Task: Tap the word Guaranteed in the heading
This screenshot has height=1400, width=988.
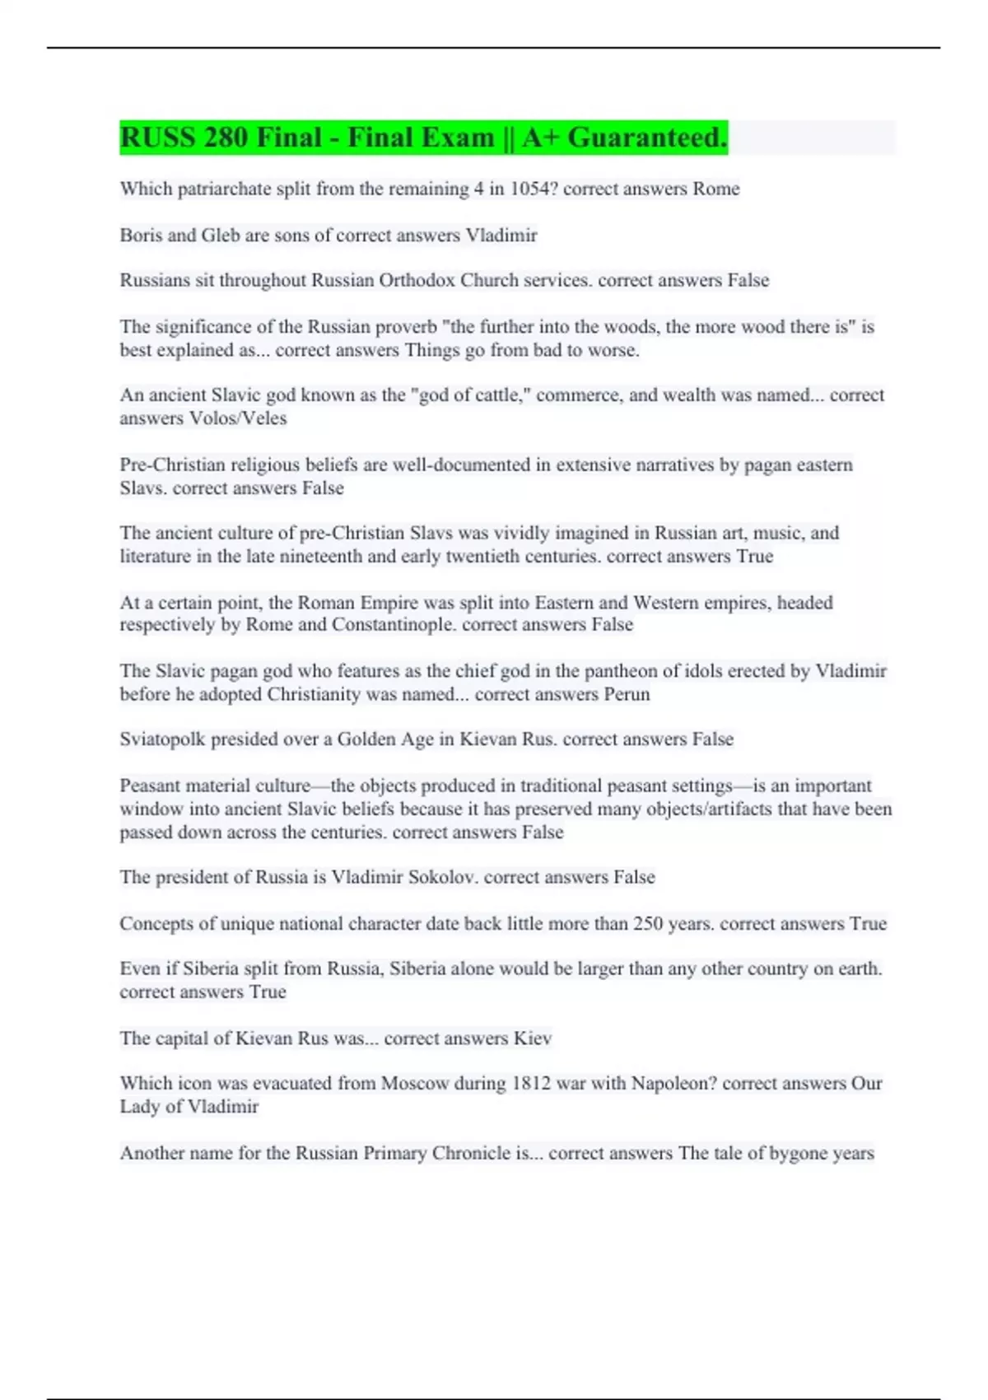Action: click(646, 138)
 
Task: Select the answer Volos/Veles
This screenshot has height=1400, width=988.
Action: click(238, 418)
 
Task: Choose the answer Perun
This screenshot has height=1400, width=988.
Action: click(627, 694)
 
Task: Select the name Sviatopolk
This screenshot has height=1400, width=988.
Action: click(162, 740)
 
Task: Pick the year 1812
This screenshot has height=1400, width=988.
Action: click(531, 1084)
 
